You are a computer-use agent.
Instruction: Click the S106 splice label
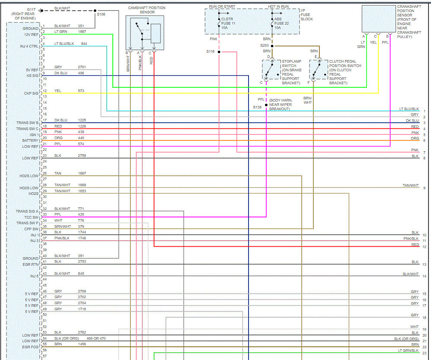coord(101,14)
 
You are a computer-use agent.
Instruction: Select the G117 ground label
coord(32,9)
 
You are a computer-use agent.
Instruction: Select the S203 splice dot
coord(272,45)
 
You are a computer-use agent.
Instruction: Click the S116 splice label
coord(210,52)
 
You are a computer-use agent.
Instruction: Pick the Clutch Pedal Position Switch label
coord(345,72)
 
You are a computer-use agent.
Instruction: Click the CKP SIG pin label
coord(31,93)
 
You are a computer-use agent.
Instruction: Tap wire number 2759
coord(82,155)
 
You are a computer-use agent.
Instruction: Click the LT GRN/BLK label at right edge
coord(408,350)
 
